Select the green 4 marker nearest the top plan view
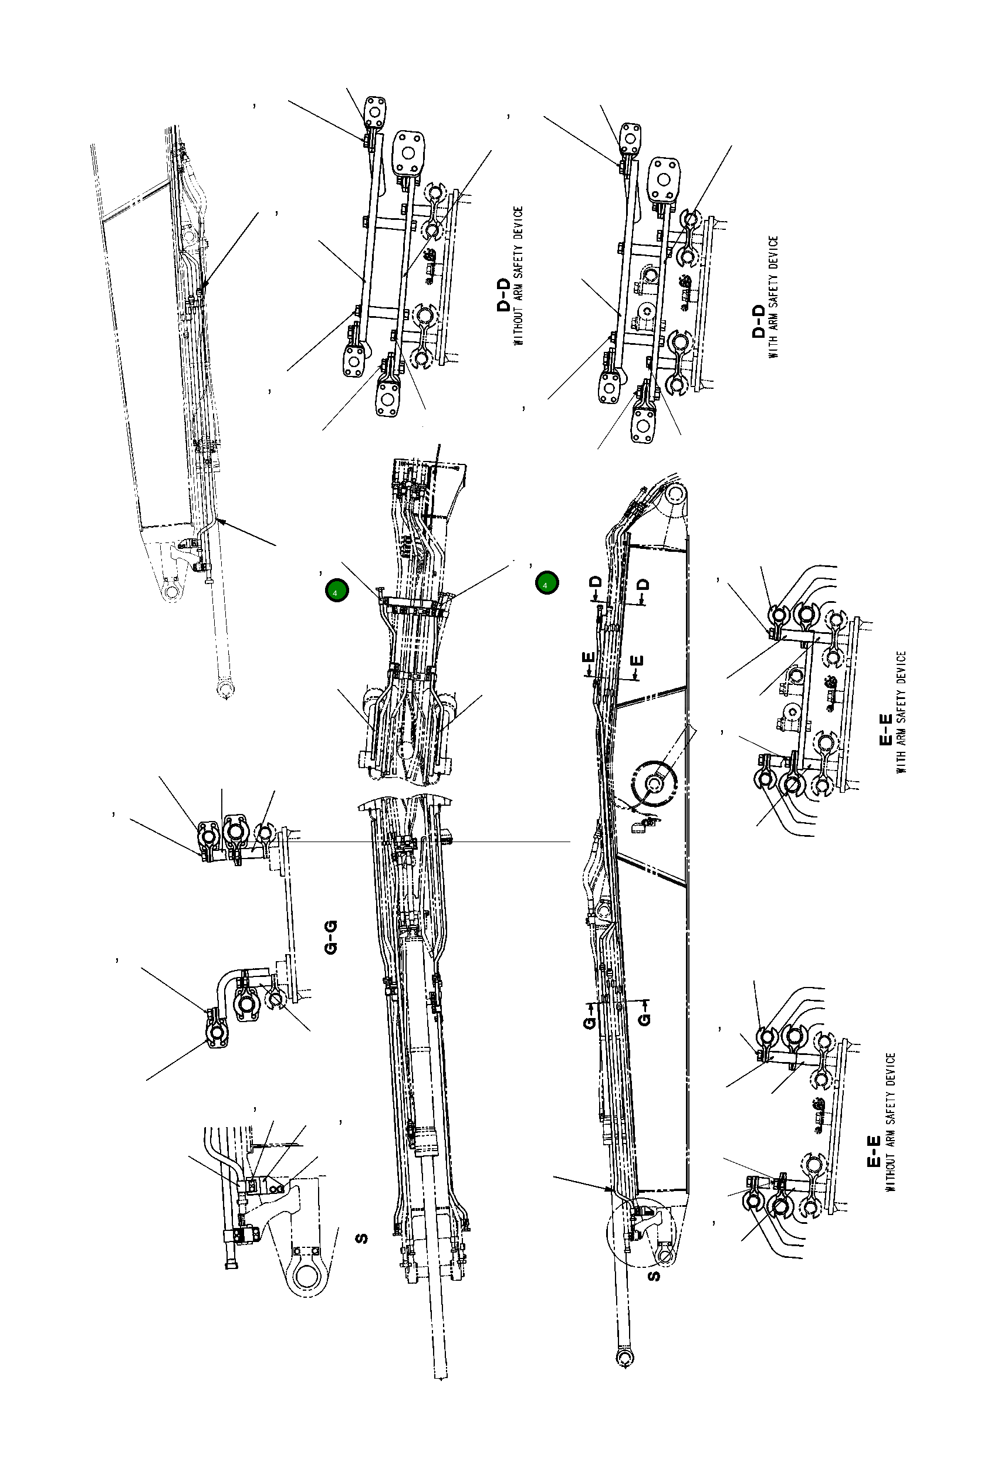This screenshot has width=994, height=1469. tap(336, 591)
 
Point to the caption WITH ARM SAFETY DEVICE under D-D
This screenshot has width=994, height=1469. tap(773, 297)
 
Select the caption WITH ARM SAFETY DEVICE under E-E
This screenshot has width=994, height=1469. tap(901, 713)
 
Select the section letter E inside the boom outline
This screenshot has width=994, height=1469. tap(638, 660)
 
